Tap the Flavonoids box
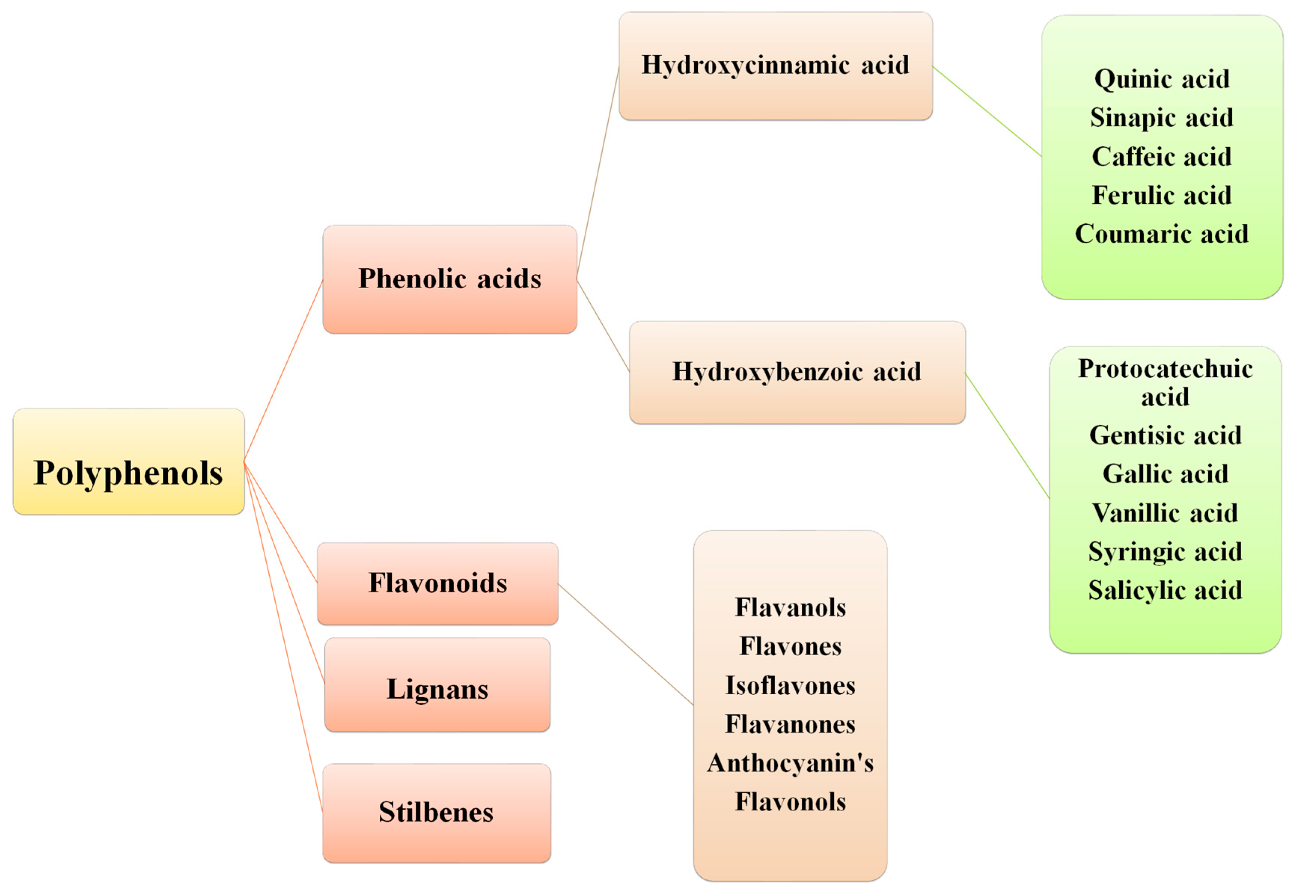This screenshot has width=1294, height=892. click(x=437, y=583)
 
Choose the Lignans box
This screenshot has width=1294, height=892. click(x=437, y=685)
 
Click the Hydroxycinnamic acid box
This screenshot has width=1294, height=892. click(x=775, y=65)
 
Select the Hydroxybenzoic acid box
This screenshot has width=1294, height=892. click(x=796, y=372)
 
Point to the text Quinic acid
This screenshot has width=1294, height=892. click(x=1162, y=79)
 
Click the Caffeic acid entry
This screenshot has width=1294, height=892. click(x=1162, y=157)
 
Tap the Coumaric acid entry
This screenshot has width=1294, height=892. click(x=1162, y=234)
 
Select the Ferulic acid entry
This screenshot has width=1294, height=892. click(x=1162, y=195)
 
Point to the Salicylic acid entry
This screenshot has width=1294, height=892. click(x=1165, y=590)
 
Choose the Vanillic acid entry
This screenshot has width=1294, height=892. click(x=1165, y=513)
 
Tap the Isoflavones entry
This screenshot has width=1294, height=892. click(x=790, y=685)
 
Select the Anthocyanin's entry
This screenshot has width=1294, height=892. click(x=790, y=763)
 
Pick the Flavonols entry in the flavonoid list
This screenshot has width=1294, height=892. click(x=790, y=802)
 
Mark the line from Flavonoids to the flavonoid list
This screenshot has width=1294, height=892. click(x=625, y=645)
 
